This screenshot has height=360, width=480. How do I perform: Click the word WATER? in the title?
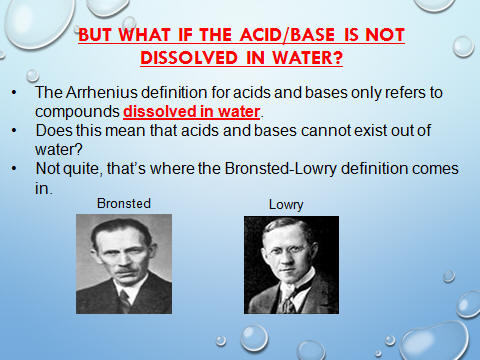307,57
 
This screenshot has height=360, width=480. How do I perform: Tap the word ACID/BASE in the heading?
287,35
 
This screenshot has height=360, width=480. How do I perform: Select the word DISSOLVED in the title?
189,57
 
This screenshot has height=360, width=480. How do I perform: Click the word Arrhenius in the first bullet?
101,92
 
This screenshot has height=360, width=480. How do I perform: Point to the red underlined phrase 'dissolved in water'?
192,112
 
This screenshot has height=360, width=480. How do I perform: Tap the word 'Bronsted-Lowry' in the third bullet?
280,169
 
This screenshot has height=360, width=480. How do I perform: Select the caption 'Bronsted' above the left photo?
124,203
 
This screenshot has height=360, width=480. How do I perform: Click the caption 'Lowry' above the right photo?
286,205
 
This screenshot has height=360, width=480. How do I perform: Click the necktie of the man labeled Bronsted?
125,300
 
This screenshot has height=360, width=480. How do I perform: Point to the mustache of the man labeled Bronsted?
124,270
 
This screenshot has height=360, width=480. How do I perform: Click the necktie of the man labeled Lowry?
287,303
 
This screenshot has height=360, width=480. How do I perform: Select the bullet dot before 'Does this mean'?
14,130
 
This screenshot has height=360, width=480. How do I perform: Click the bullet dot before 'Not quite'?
14,169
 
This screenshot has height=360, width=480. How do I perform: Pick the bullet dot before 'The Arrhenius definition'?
14,92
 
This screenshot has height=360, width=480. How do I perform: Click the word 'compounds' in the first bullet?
77,112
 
